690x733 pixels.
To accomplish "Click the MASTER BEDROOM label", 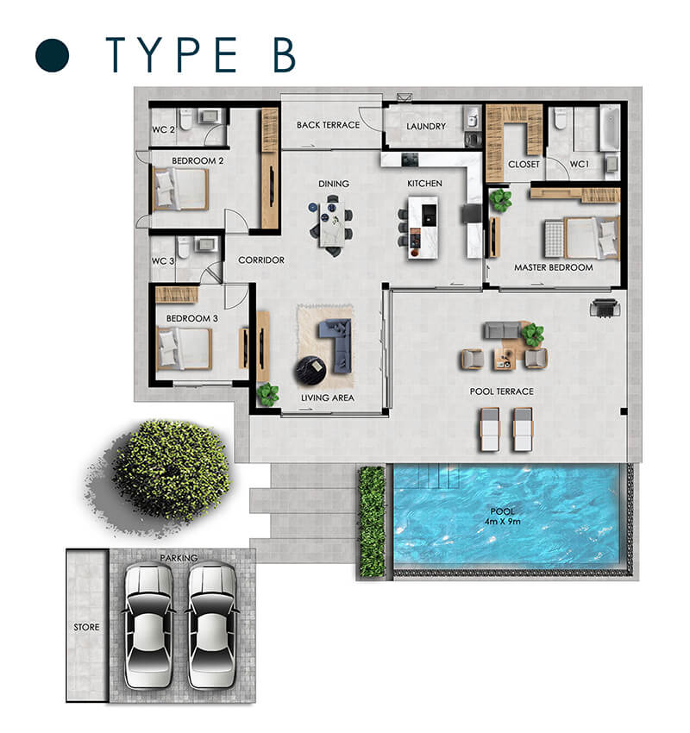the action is pyautogui.click(x=554, y=267).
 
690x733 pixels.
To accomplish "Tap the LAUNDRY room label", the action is pyautogui.click(x=426, y=126).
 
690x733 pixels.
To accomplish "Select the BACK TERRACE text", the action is pyautogui.click(x=328, y=125).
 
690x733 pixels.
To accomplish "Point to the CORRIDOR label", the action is pyautogui.click(x=261, y=260).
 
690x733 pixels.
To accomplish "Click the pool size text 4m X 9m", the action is pyautogui.click(x=503, y=521).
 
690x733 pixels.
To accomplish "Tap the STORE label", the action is pyautogui.click(x=86, y=627).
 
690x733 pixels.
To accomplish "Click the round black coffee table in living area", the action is pyautogui.click(x=310, y=371).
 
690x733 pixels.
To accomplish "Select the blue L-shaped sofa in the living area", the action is pyautogui.click(x=336, y=345).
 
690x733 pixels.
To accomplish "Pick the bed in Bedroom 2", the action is pyautogui.click(x=181, y=189).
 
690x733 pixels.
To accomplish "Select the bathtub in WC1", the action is pyautogui.click(x=610, y=127).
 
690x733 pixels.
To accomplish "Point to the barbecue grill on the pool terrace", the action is pyautogui.click(x=605, y=308).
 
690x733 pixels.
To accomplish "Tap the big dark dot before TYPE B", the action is pyautogui.click(x=53, y=54).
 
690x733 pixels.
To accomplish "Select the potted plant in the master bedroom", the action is pyautogui.click(x=500, y=199).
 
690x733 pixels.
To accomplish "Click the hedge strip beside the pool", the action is pyautogui.click(x=372, y=521).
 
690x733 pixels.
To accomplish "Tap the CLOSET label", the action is pyautogui.click(x=524, y=164).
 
